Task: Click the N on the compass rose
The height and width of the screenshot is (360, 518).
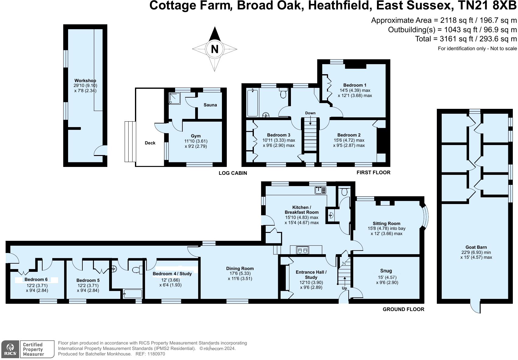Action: pyautogui.click(x=215, y=49)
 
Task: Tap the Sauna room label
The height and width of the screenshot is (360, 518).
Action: pyautogui.click(x=210, y=105)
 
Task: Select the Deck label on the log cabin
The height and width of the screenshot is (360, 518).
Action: pyautogui.click(x=150, y=143)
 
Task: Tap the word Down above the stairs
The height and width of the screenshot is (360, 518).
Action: pyautogui.click(x=310, y=113)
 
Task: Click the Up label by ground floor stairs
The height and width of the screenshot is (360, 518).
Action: pyautogui.click(x=344, y=288)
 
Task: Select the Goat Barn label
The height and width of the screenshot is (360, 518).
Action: pyautogui.click(x=476, y=247)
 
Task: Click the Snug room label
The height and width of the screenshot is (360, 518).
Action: pyautogui.click(x=386, y=271)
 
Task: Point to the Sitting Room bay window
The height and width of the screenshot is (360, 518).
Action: pyautogui.click(x=426, y=216)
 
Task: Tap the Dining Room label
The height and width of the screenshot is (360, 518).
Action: pyautogui.click(x=240, y=268)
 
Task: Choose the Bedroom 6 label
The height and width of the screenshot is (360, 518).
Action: pyautogui.click(x=36, y=279)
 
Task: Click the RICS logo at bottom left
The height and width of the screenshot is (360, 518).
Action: pyautogui.click(x=10, y=349)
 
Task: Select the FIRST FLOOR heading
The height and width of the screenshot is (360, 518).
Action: pyautogui.click(x=373, y=172)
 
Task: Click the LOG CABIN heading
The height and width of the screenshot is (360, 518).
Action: pyautogui.click(x=233, y=173)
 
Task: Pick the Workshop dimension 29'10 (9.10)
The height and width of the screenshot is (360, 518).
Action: pyautogui.click(x=85, y=86)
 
